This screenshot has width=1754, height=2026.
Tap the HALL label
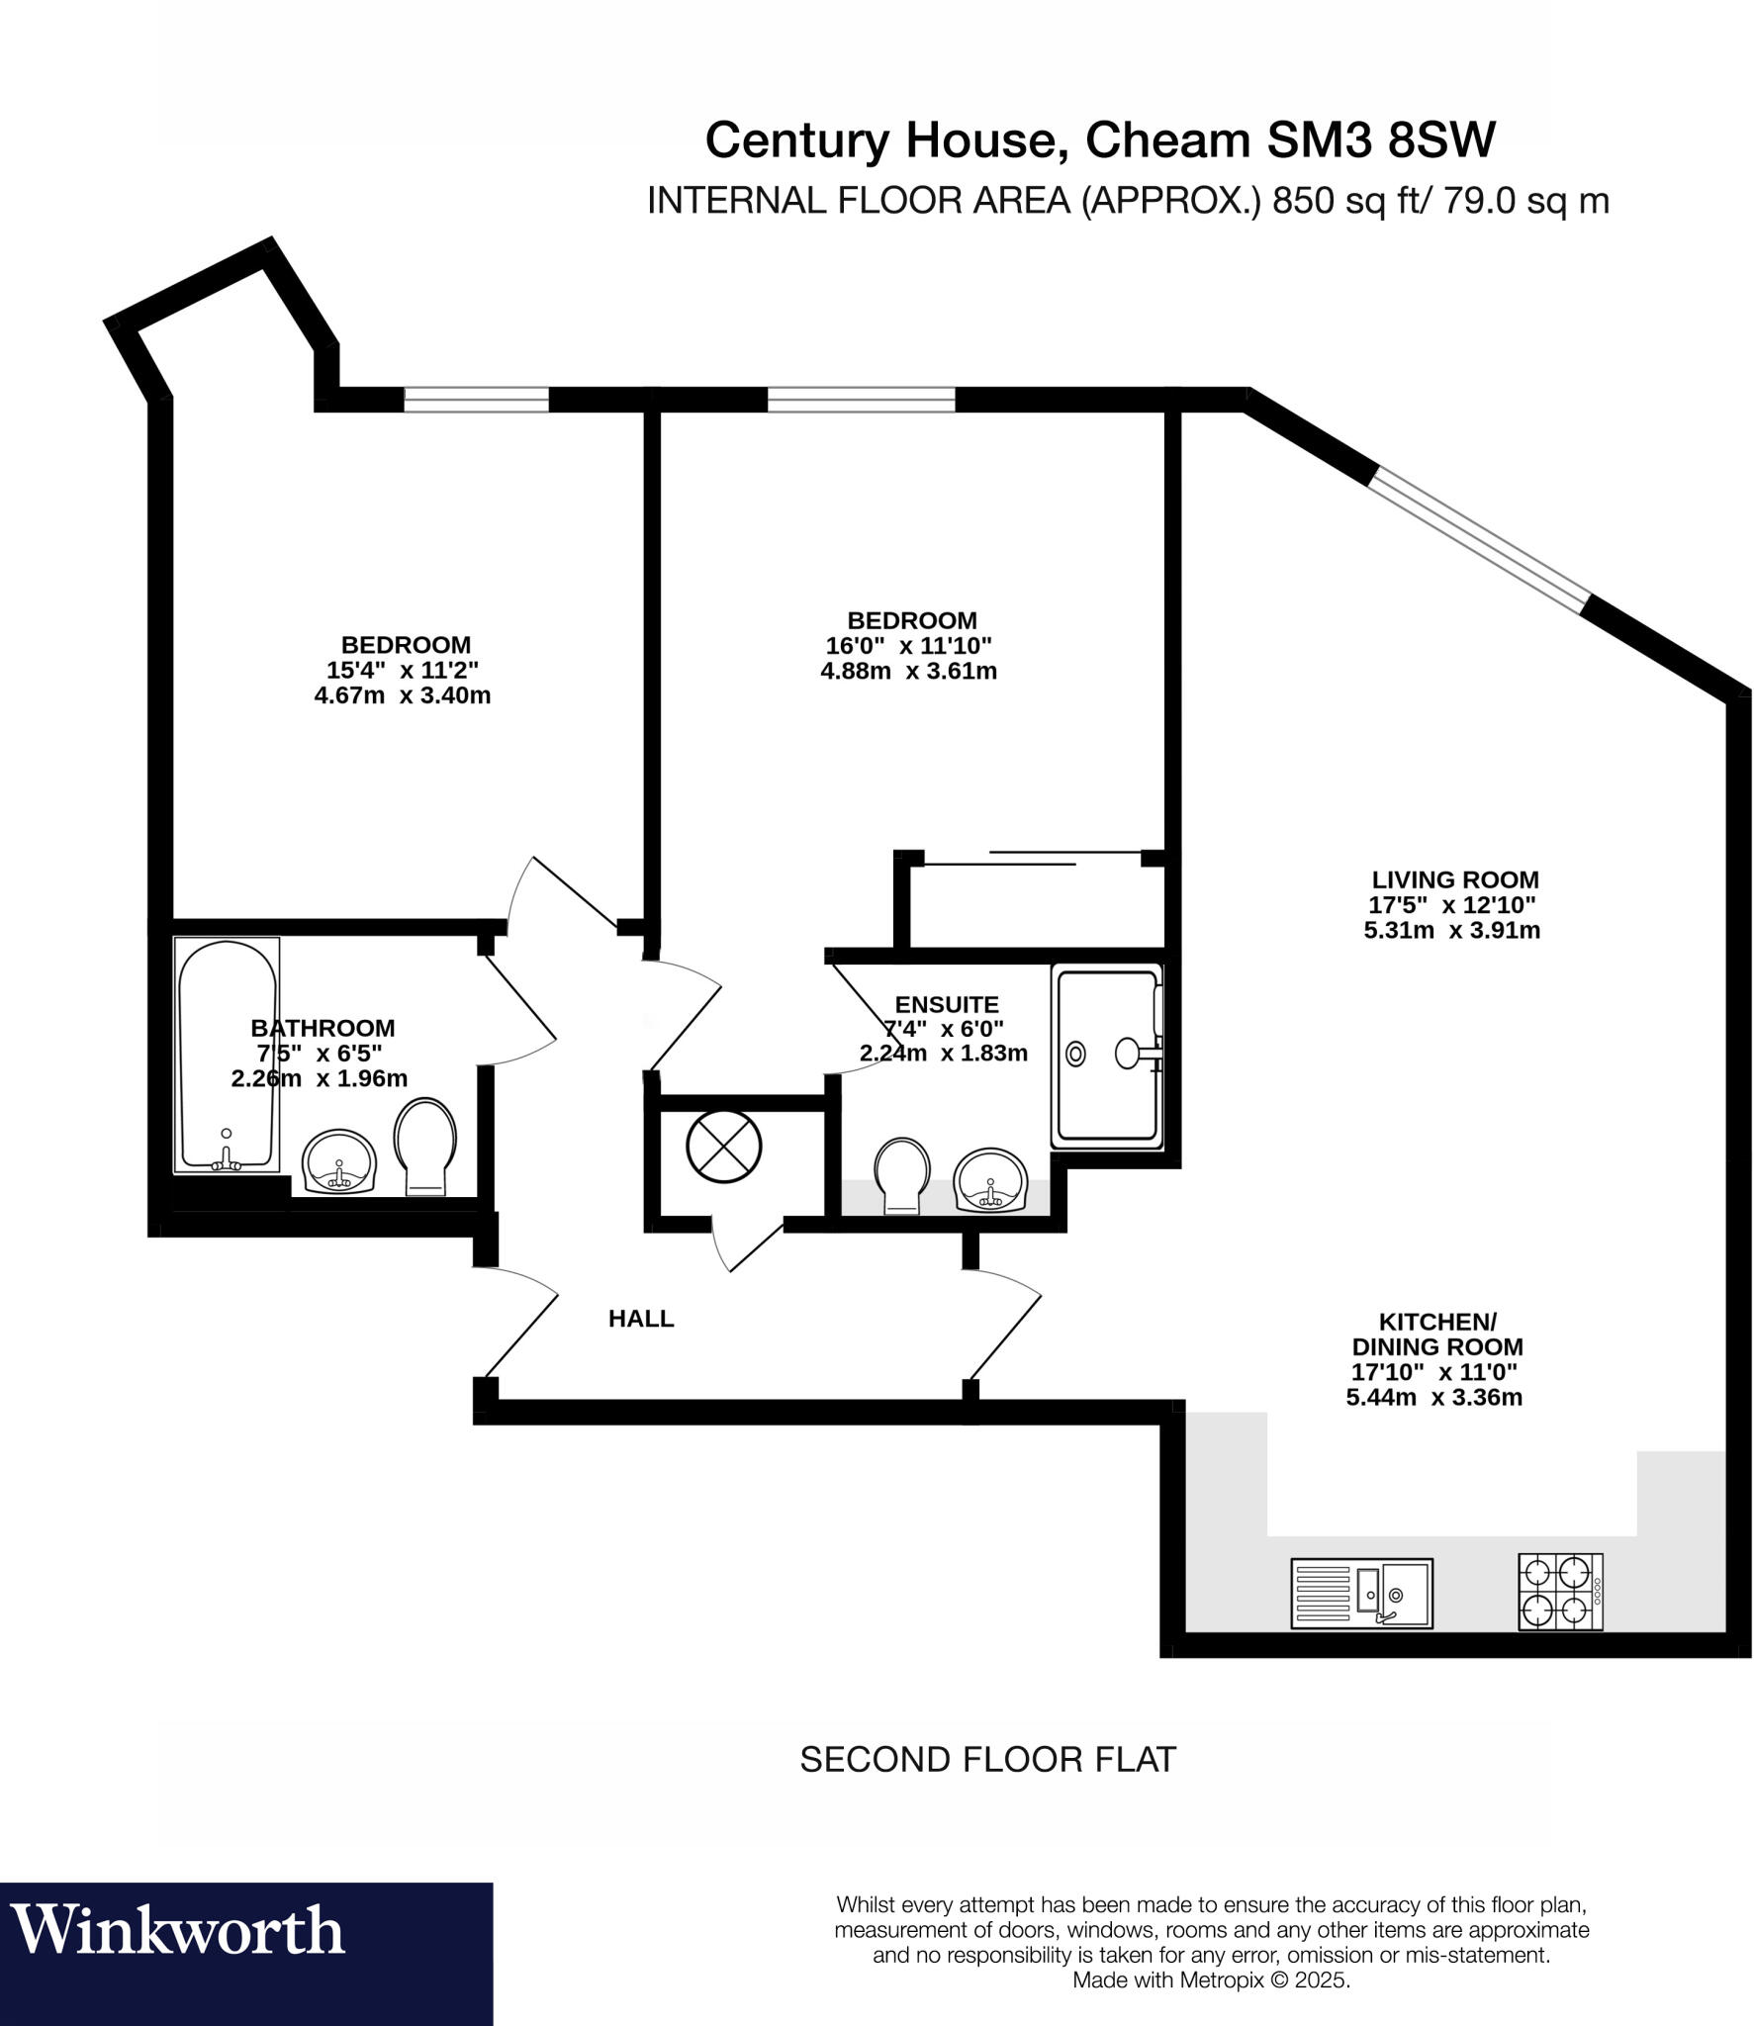[640, 1319]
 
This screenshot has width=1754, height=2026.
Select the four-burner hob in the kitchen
[1559, 1592]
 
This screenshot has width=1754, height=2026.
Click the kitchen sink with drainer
[1360, 1593]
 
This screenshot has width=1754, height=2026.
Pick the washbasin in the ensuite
[988, 1179]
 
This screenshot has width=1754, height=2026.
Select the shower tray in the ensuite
[1106, 1055]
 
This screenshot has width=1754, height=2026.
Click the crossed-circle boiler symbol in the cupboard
[724, 1146]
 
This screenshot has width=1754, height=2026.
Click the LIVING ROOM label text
[1453, 879]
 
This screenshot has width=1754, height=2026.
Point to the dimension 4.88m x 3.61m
[908, 672]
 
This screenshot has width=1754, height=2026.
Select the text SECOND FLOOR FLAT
[986, 1759]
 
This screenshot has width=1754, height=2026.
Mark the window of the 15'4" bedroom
[476, 399]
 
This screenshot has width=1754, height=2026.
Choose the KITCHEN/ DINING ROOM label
[1436, 1334]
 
